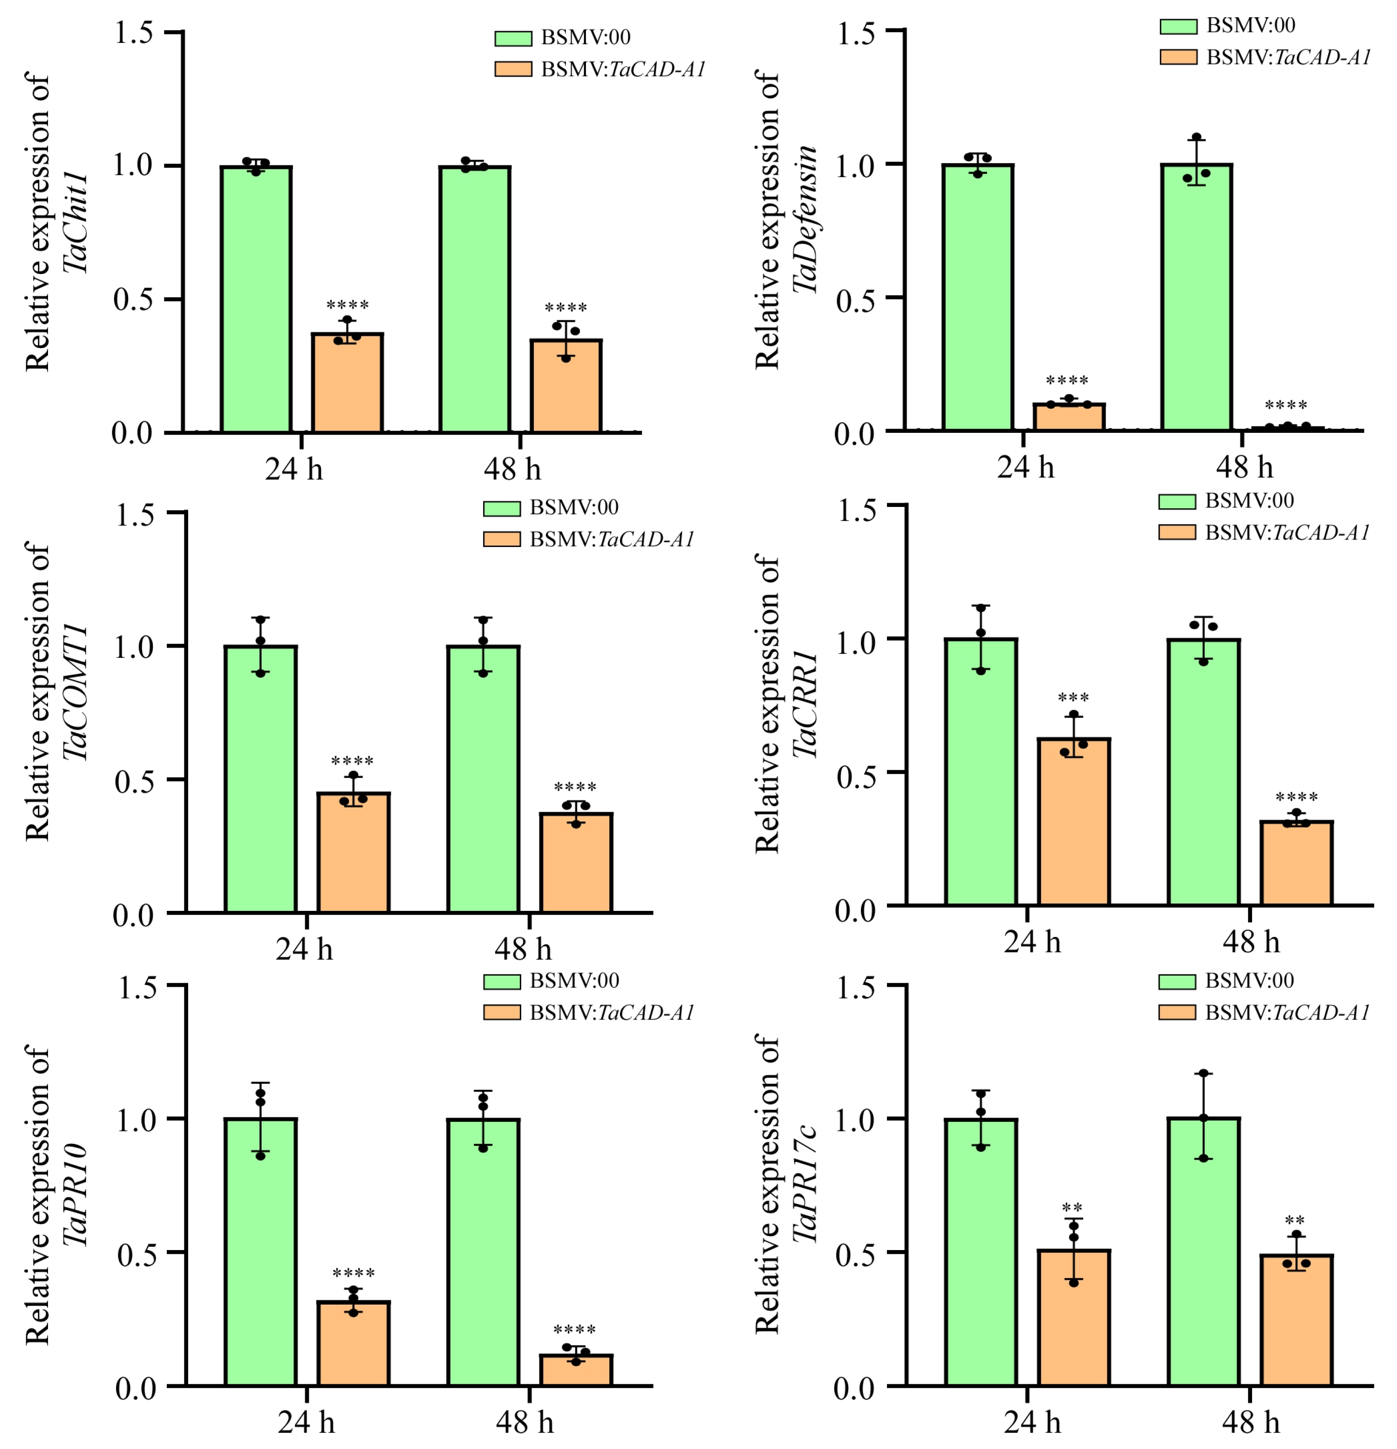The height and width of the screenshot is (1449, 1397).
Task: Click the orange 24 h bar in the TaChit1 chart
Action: pos(347,383)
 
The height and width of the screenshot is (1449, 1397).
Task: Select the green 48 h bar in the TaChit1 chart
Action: pos(475,300)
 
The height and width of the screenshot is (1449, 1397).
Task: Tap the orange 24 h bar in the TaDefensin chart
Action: pos(1069,417)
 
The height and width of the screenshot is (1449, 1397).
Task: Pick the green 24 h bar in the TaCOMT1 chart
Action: pos(261,779)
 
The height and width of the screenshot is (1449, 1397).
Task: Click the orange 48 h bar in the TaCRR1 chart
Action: pos(1296,863)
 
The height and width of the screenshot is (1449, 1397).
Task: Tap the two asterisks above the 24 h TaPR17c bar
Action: pos(1072,1209)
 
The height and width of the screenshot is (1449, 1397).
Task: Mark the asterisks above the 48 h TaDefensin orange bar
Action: pos(1286,406)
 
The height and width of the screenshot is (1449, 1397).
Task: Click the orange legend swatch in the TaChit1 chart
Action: pos(513,69)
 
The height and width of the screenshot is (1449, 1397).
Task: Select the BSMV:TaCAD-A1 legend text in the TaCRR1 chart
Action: pos(1288,532)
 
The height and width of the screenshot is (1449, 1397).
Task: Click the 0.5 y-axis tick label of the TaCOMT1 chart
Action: pos(134,781)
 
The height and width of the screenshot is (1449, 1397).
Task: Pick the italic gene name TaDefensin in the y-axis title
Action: pos(805,219)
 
